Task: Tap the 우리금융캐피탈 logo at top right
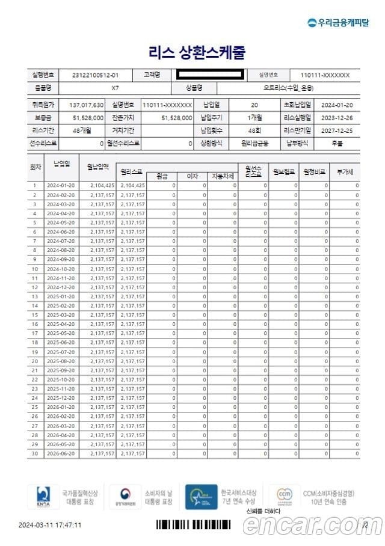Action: click(x=339, y=22)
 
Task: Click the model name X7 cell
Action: click(x=115, y=88)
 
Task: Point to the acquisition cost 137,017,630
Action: click(x=87, y=105)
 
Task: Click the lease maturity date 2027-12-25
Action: click(x=337, y=130)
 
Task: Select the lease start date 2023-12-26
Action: click(x=337, y=117)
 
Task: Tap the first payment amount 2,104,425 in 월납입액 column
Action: click(x=102, y=186)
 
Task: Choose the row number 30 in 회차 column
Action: click(x=35, y=453)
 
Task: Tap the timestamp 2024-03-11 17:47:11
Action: click(x=50, y=525)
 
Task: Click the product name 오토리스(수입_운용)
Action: click(x=282, y=88)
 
